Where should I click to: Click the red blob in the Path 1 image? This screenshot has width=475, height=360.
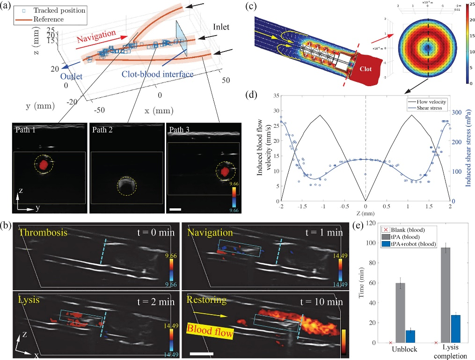point(43,164)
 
